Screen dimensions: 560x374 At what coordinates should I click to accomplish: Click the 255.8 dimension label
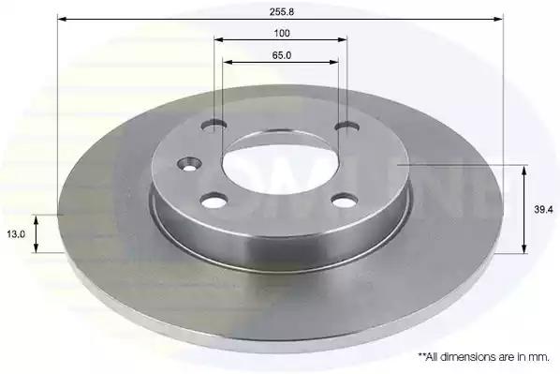[282, 12]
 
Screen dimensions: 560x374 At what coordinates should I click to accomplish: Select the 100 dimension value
[282, 33]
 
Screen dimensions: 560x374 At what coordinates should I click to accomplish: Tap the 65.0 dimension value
[282, 55]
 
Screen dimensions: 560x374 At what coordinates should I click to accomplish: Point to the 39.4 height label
[543, 210]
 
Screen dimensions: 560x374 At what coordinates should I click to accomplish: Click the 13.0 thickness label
[16, 234]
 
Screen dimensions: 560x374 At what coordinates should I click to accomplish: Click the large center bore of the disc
[280, 164]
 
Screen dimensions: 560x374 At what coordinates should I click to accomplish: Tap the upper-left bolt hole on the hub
[214, 126]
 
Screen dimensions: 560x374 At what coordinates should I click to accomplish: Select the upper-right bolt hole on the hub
[347, 127]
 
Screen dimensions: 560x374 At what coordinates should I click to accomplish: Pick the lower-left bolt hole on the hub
[214, 201]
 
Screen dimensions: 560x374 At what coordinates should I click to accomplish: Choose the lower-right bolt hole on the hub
[344, 200]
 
